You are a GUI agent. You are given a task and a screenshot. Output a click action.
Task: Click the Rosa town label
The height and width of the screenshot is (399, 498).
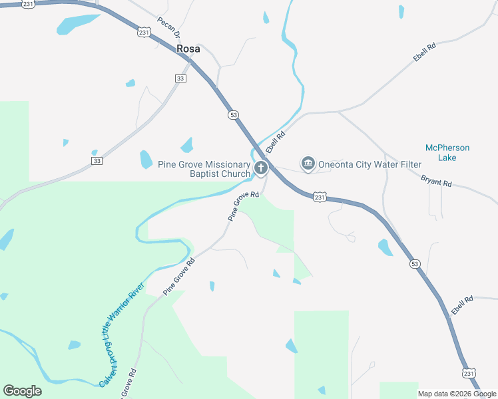pyautogui.click(x=188, y=49)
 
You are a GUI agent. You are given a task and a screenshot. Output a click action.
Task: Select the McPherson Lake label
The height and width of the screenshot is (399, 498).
pyautogui.click(x=447, y=152)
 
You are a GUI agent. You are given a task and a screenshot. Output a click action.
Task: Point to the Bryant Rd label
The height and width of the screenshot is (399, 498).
pyautogui.click(x=436, y=180)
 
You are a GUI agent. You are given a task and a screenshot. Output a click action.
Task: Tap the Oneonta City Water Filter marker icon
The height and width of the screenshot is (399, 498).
pyautogui.click(x=308, y=163)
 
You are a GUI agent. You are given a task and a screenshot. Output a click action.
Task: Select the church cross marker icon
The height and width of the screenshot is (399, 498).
pyautogui.click(x=260, y=168)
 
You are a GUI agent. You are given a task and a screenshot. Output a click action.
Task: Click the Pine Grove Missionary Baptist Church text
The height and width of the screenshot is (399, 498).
pyautogui.click(x=203, y=169)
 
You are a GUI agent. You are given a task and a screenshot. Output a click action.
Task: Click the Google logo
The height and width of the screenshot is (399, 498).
pyautogui.click(x=22, y=391)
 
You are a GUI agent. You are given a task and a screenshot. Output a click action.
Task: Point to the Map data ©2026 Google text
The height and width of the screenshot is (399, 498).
pyautogui.click(x=457, y=394)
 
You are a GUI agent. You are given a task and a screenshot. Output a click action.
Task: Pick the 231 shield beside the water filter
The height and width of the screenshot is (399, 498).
pyautogui.click(x=320, y=198)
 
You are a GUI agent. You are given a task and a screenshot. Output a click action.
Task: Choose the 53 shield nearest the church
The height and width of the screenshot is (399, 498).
pyautogui.click(x=233, y=114)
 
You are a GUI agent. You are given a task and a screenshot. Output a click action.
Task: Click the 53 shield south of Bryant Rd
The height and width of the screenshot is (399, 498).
pyautogui.click(x=415, y=264)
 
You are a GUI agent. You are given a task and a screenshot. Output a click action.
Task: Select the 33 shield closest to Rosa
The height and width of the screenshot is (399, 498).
pyautogui.click(x=180, y=78)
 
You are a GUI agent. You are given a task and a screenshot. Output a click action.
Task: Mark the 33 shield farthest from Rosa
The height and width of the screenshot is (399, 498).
pyautogui.click(x=97, y=161)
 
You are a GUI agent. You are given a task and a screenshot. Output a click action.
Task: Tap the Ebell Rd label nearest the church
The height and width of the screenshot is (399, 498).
pyautogui.click(x=275, y=140)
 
